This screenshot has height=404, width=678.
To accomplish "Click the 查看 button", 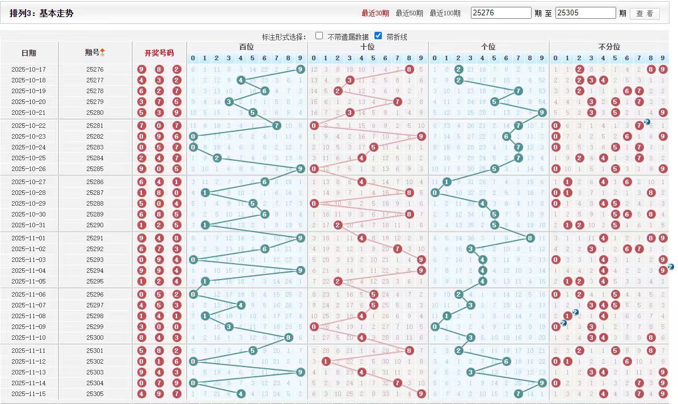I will (645, 13).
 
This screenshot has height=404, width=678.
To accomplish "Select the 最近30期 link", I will (375, 13).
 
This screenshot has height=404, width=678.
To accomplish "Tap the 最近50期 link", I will (409, 13).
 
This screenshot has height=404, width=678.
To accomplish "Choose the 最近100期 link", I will (445, 13).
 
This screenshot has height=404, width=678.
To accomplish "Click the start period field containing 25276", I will (500, 13).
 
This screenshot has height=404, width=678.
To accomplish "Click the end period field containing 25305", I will (585, 13).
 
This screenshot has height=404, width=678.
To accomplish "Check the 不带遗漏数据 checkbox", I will (319, 36).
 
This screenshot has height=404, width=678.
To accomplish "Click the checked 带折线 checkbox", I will (378, 36).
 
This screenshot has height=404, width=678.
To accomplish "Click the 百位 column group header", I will (247, 47).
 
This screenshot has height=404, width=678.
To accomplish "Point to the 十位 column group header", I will (368, 47).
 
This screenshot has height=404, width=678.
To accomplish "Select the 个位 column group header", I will (488, 47).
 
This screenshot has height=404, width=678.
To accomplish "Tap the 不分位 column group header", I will (609, 47).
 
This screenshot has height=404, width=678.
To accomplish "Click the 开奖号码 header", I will (159, 53).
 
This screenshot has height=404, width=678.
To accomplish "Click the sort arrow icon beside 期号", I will (103, 52).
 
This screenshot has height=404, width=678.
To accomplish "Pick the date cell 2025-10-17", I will (28, 69).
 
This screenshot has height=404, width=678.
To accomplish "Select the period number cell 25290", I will (95, 226).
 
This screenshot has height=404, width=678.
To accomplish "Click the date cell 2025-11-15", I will (28, 394).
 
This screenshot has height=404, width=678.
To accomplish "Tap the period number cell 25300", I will (95, 338).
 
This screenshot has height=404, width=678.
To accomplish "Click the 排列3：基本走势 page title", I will (41, 13).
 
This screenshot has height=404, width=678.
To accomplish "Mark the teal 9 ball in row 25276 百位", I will (300, 69).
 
